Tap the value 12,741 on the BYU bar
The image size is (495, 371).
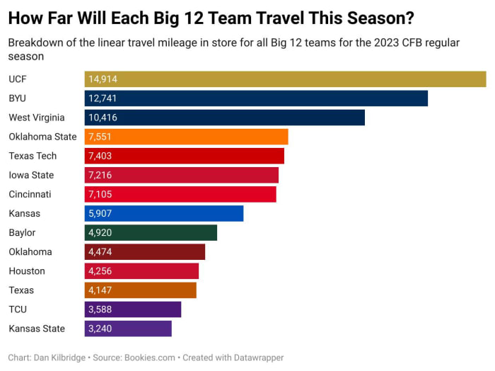pos(103,98)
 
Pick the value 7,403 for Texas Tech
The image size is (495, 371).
pos(100,156)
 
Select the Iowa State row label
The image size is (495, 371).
pos(32,175)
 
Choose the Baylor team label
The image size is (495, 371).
pos(22,232)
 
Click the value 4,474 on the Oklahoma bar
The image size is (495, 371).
pos(100,251)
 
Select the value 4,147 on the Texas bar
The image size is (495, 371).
pos(100,290)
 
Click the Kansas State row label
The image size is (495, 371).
pos(37,328)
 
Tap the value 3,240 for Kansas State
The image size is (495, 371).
pos(100,328)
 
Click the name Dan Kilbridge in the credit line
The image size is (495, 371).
pos(59,358)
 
